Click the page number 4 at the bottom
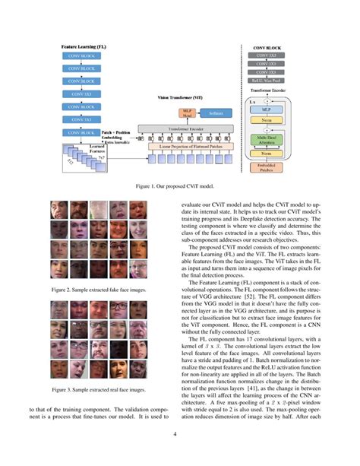click(x=180, y=434)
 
